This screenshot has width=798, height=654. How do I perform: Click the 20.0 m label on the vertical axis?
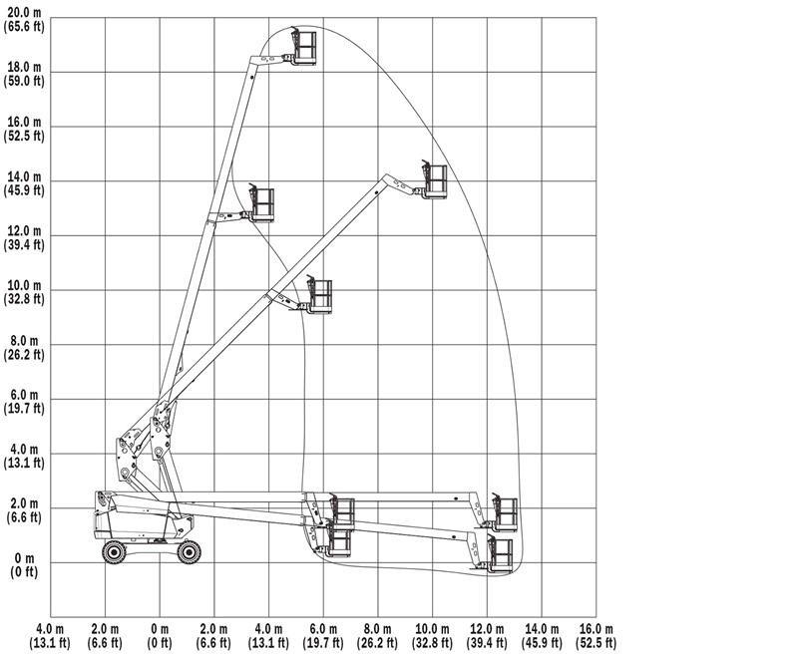coord(24,13)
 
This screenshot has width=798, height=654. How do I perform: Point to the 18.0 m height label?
coord(24,68)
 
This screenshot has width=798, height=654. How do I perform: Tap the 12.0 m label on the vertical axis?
coord(24,231)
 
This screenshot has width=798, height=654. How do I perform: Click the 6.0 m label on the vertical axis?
coord(24,395)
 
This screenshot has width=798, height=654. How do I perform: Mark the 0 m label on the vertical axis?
coord(24,558)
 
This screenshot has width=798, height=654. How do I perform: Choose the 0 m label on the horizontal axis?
coord(160,630)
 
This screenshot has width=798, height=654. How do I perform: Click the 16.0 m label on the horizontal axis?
coord(596,630)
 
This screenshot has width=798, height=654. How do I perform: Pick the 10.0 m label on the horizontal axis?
coord(433,630)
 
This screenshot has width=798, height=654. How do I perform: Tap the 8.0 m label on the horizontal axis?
coord(378,630)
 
